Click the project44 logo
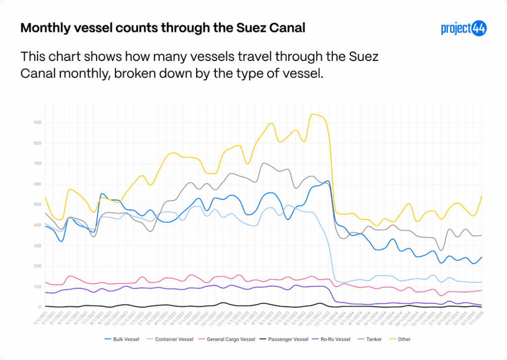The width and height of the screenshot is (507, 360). click(463, 28)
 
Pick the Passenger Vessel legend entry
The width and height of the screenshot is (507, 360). click(287, 339)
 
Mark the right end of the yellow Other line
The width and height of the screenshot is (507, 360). click(482, 196)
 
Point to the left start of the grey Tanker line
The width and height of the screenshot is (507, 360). click(45, 213)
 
